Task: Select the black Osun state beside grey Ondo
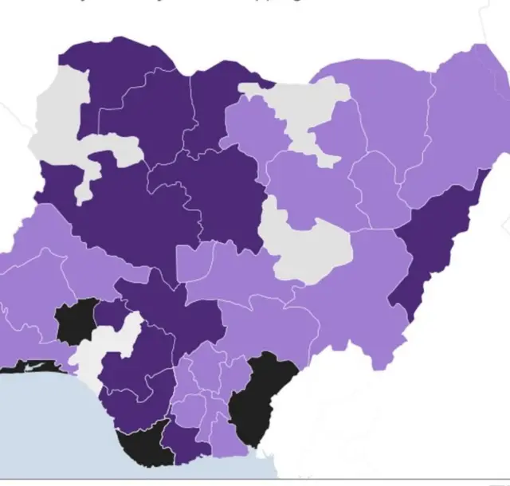pyautogui.click(x=76, y=321)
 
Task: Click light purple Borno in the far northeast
pyautogui.click(x=462, y=120)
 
